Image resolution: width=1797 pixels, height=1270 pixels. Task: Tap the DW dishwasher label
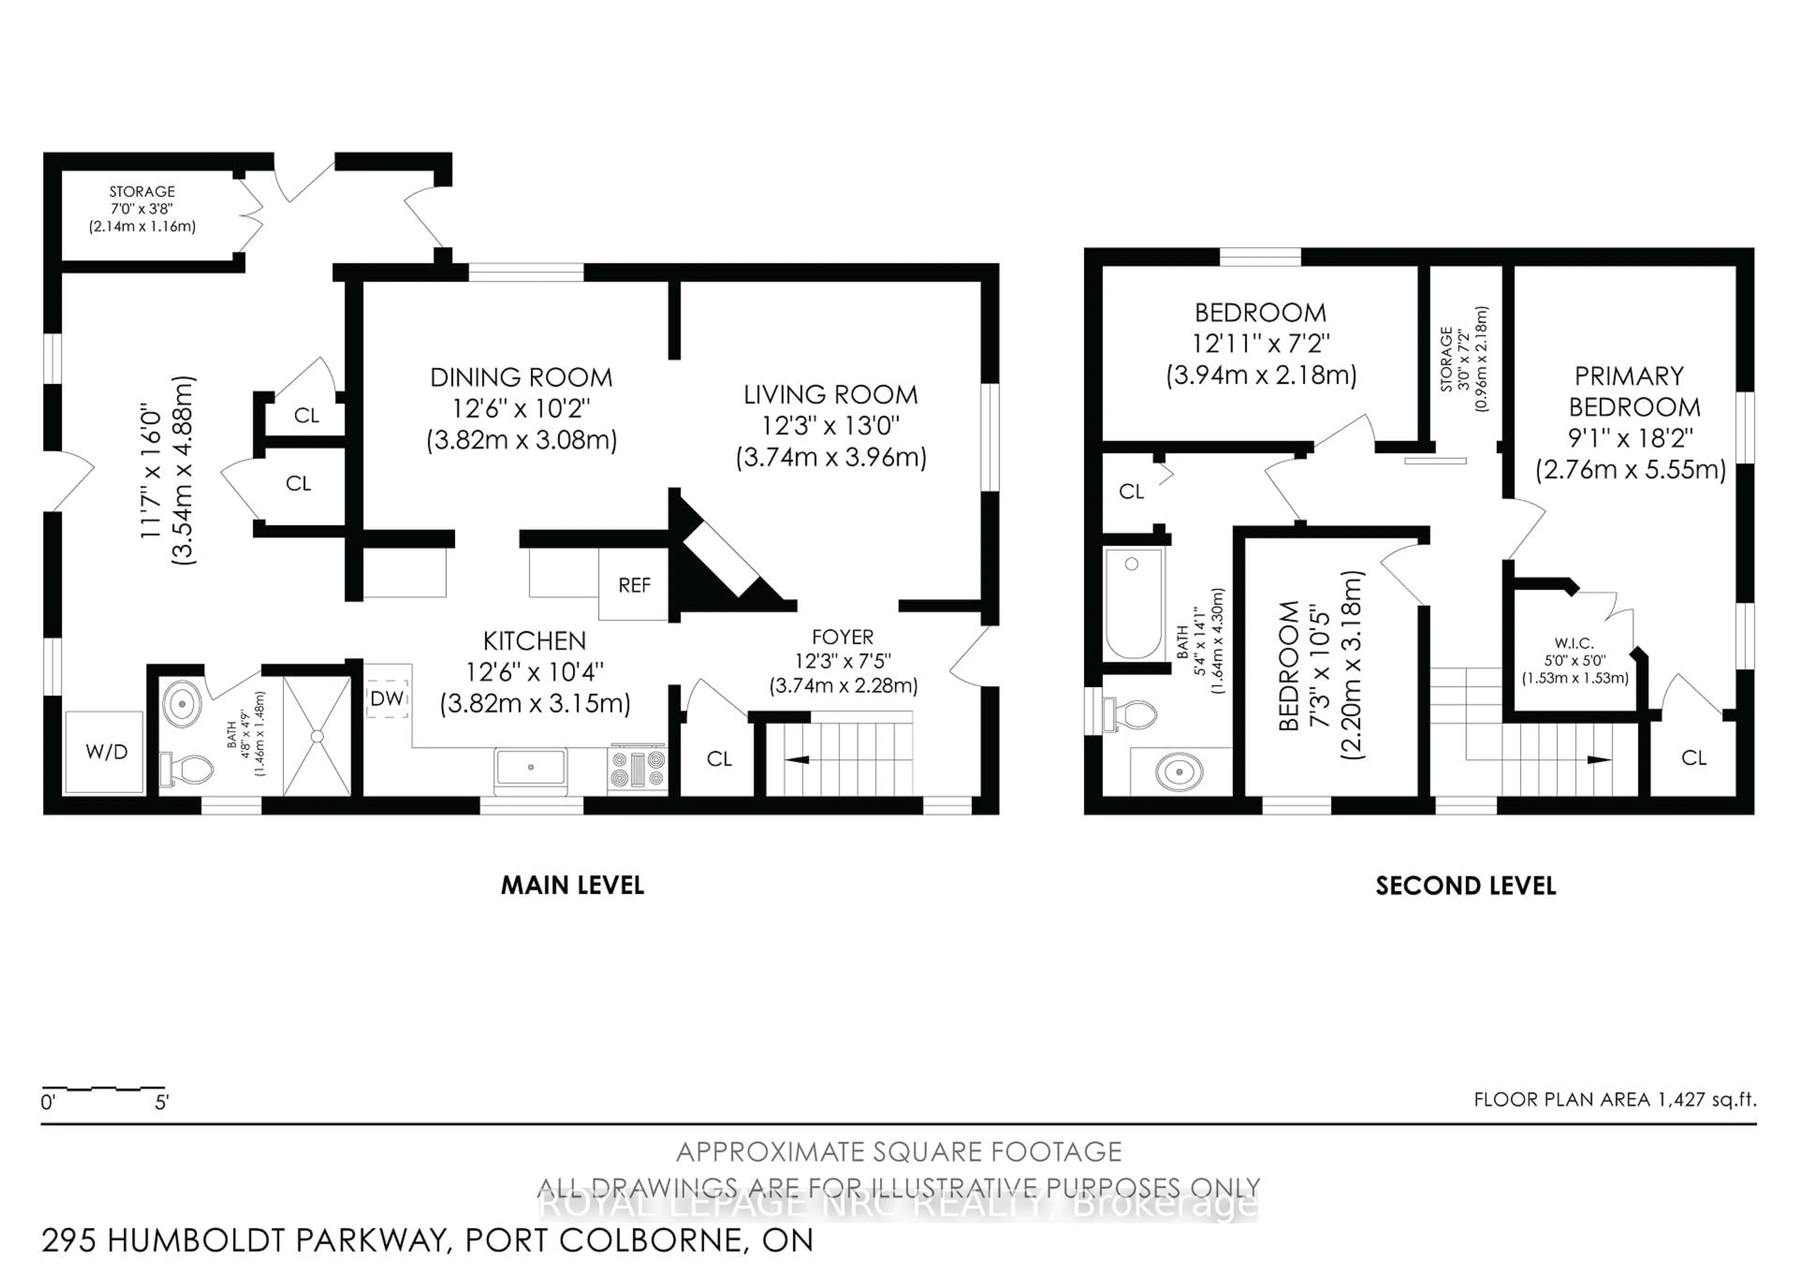(x=387, y=698)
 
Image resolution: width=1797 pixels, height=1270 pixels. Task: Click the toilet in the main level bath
(x=188, y=769)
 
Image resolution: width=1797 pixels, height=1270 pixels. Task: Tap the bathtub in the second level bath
(x=1132, y=603)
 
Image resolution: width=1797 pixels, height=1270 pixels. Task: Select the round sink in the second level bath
(x=1179, y=772)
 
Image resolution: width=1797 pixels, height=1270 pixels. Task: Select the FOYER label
(x=842, y=637)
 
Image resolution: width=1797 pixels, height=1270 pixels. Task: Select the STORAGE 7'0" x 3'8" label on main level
(x=142, y=209)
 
